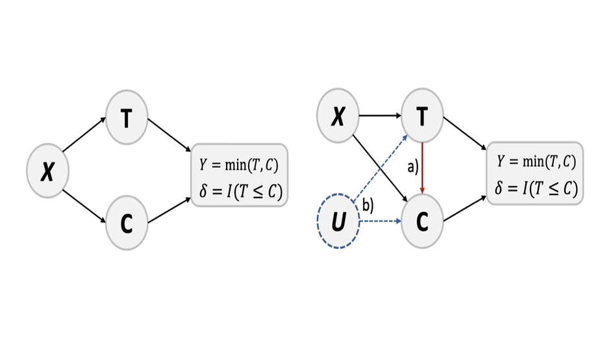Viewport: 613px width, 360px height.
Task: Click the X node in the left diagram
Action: (47, 172)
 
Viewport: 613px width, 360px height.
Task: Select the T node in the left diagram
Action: (127, 118)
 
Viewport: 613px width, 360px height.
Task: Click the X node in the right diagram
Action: (338, 117)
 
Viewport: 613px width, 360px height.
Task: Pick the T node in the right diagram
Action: (423, 117)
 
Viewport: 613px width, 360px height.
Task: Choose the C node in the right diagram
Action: (423, 222)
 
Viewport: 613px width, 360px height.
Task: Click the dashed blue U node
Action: (338, 222)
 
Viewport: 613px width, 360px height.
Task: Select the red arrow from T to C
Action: (423, 167)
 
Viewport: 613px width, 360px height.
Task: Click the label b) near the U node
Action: (368, 207)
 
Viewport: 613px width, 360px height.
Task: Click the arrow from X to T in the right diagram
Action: (380, 117)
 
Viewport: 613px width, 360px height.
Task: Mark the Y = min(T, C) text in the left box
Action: (238, 164)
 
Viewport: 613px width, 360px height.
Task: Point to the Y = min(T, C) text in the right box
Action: (535, 162)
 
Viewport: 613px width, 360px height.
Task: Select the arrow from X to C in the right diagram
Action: (379, 168)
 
